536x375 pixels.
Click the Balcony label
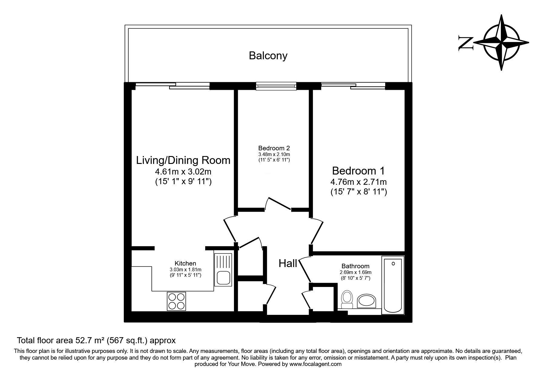268,56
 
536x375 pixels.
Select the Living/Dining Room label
183,160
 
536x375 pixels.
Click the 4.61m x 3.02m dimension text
183,172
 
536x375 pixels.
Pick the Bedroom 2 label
274,148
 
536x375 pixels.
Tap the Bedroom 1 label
358,171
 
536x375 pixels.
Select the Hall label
288,263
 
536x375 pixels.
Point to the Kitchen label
185,263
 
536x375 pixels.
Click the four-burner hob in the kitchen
176,301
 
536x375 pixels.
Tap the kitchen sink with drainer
223,270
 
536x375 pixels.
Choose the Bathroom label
355,266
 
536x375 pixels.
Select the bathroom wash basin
366,301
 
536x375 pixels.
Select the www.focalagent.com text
315,364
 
